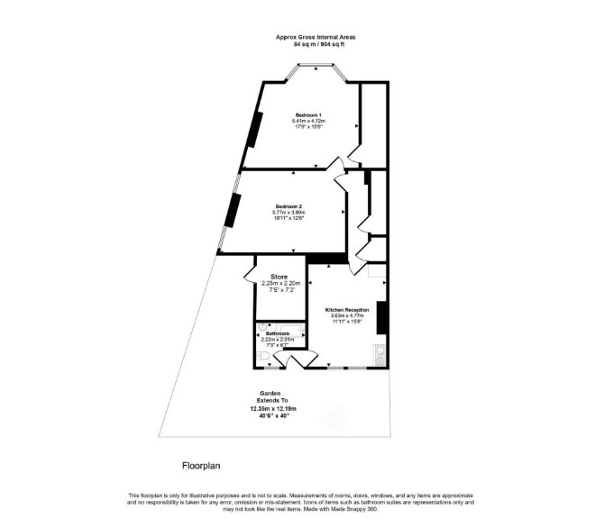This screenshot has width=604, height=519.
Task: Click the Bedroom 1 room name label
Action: (x=307, y=114)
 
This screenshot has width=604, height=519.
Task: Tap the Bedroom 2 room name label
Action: (x=288, y=205)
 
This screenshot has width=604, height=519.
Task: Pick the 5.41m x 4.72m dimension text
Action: (x=307, y=121)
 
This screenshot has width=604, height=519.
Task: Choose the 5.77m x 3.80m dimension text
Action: (x=288, y=213)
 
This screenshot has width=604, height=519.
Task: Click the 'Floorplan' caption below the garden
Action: (x=196, y=467)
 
